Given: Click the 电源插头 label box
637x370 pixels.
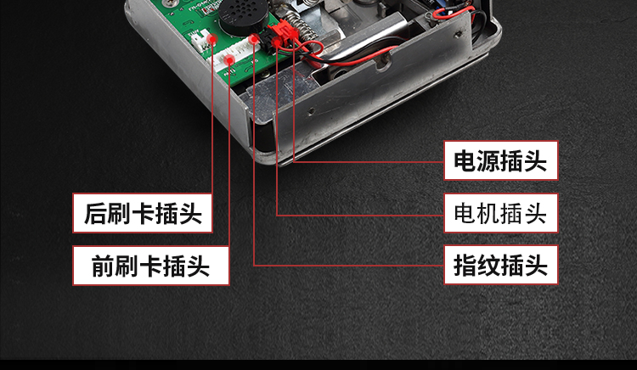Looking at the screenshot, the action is click(x=501, y=160).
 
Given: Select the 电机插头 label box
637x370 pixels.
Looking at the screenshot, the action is click(x=501, y=213).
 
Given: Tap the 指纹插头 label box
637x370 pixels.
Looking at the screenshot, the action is click(x=501, y=265).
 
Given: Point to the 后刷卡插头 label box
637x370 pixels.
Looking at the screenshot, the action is click(x=143, y=213).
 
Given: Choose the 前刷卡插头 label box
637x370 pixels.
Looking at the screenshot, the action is click(x=150, y=266).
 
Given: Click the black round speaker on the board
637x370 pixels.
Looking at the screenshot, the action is click(x=244, y=16).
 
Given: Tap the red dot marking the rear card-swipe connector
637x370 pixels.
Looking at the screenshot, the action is click(x=212, y=39).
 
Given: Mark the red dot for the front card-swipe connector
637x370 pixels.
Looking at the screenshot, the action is click(x=229, y=61).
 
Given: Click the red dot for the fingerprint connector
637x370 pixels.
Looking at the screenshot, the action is click(x=254, y=39).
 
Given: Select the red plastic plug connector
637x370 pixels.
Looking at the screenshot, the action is click(x=282, y=34).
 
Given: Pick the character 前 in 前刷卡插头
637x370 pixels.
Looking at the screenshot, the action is click(x=103, y=266).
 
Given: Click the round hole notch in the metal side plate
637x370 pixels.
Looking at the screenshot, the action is click(x=383, y=62).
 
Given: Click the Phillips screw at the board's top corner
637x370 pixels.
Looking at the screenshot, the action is click(x=168, y=3).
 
